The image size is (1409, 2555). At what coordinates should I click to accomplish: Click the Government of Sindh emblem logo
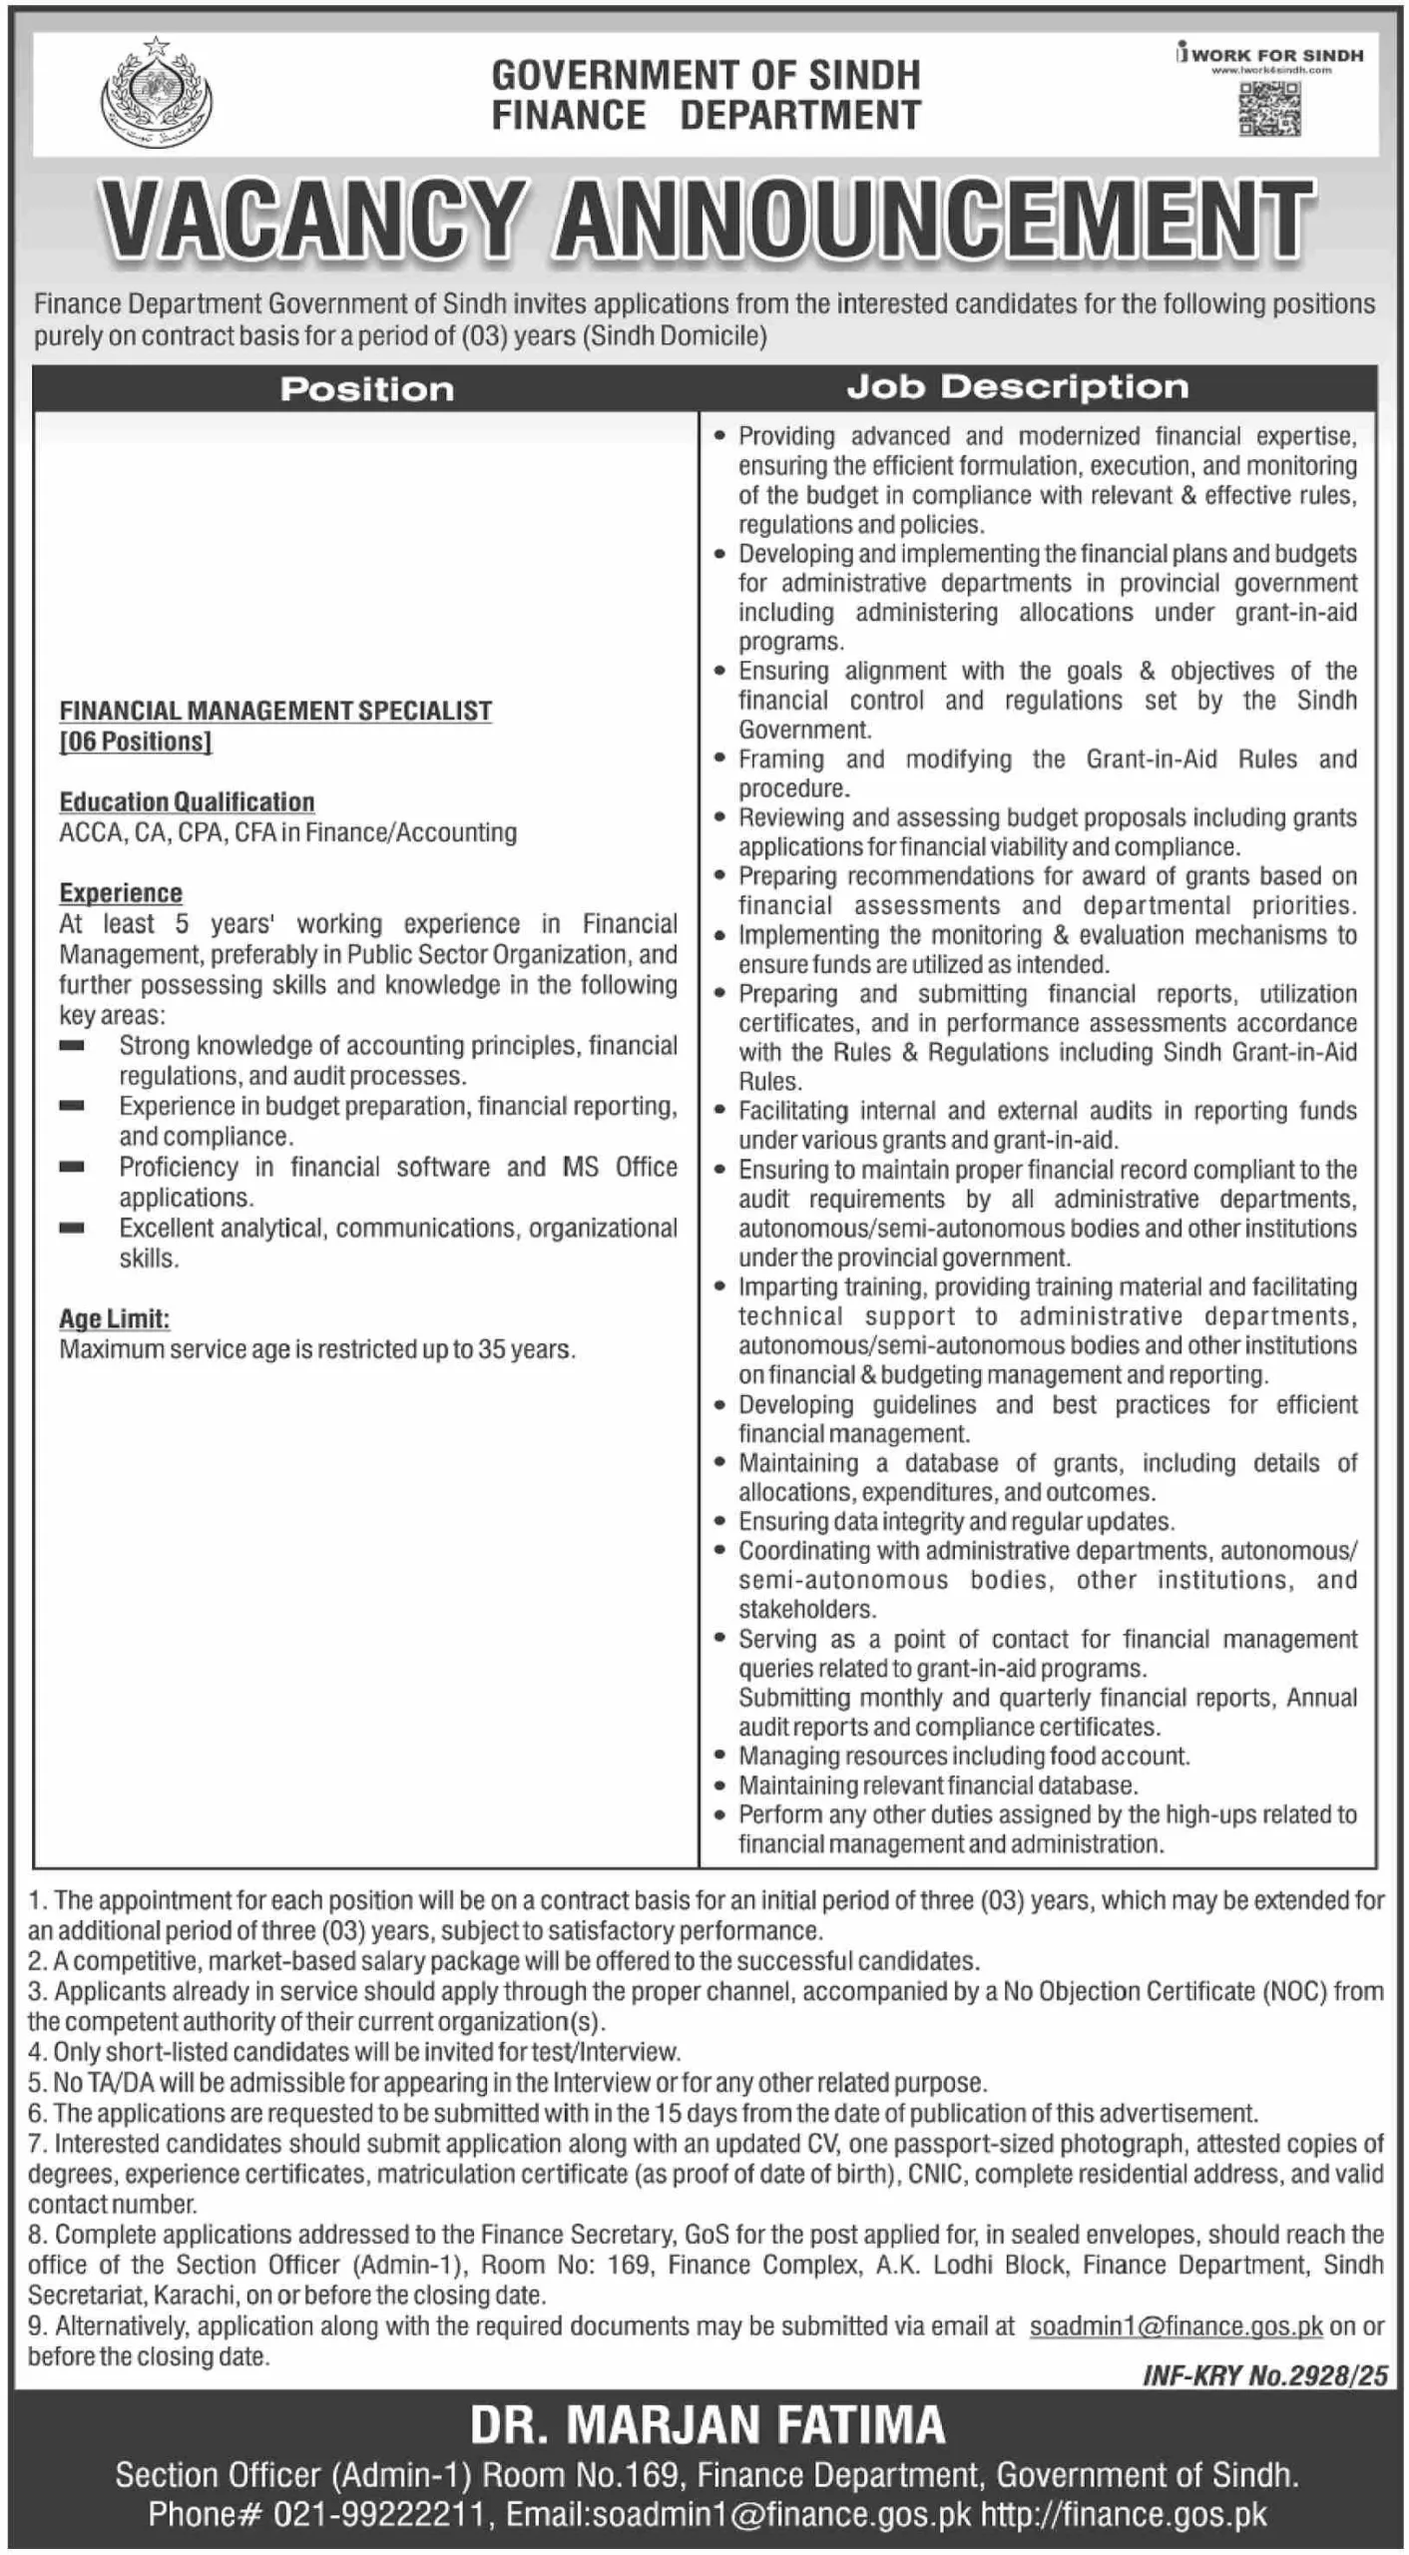click(157, 95)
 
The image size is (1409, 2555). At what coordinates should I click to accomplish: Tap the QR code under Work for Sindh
click(1270, 110)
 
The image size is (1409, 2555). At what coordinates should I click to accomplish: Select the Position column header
click(366, 389)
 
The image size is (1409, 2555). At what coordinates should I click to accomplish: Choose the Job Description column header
click(1018, 387)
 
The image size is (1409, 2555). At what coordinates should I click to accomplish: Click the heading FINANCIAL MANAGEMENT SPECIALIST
click(275, 711)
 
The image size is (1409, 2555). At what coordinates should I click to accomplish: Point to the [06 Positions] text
click(136, 742)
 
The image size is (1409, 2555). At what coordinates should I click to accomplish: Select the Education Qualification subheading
click(187, 802)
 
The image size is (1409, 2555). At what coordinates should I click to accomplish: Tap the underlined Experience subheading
click(121, 893)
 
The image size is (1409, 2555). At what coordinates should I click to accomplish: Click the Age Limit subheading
click(114, 1319)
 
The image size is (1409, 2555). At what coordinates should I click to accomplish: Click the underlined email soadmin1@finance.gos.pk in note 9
click(1175, 2326)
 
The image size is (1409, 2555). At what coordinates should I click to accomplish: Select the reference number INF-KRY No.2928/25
click(1265, 2376)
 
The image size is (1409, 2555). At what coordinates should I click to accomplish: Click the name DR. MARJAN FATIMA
click(706, 2425)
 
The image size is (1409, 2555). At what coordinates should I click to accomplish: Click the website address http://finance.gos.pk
click(1124, 2514)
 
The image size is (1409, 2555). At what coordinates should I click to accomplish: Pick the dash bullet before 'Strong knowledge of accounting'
click(71, 1046)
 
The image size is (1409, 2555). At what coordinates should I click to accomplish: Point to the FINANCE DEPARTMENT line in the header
click(705, 116)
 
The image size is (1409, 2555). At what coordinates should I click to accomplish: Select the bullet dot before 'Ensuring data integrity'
click(719, 1522)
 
